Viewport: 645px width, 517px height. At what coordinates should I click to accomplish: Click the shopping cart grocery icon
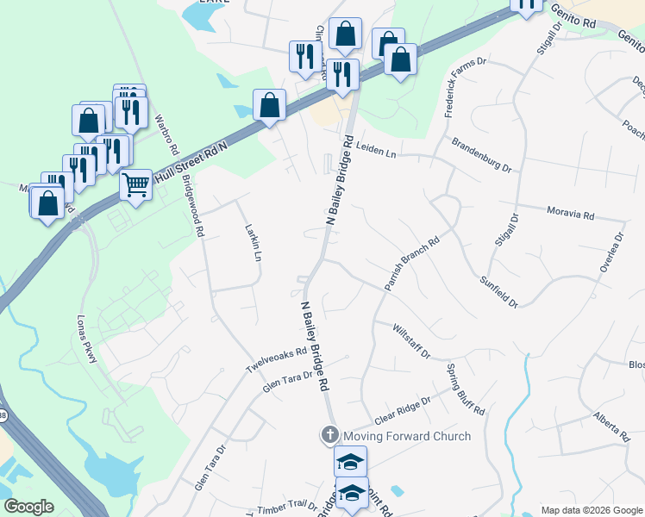pyautogui.click(x=136, y=184)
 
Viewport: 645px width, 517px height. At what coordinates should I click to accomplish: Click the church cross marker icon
pyautogui.click(x=329, y=435)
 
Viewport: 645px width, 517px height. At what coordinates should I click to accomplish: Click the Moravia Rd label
pyautogui.click(x=571, y=213)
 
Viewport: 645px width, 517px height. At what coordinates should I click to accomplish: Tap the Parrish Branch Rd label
pyautogui.click(x=411, y=264)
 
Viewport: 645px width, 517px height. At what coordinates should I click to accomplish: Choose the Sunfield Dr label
pyautogui.click(x=498, y=292)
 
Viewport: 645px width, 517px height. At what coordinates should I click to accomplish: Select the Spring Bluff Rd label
pyautogui.click(x=466, y=389)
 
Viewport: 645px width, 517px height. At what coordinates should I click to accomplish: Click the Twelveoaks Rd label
pyautogui.click(x=277, y=360)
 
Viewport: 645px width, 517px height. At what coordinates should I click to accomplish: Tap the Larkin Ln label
pyautogui.click(x=253, y=244)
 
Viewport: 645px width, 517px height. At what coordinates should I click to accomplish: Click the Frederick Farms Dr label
pyautogui.click(x=466, y=88)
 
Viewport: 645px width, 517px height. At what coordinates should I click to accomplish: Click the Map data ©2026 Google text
pyautogui.click(x=592, y=510)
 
